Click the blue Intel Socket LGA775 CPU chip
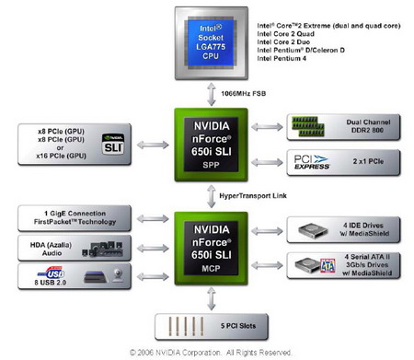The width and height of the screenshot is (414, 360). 206,39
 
